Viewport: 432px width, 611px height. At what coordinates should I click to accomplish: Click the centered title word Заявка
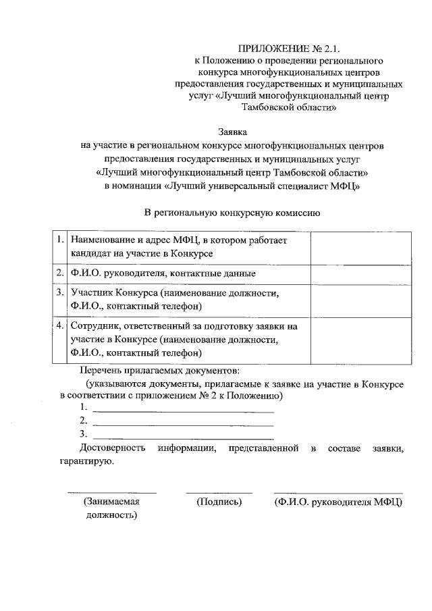[x=232, y=132]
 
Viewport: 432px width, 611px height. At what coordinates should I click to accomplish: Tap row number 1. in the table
[x=59, y=240]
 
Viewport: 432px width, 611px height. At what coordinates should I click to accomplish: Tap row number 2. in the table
[x=59, y=273]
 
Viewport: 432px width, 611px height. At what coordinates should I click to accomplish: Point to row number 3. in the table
[x=59, y=293]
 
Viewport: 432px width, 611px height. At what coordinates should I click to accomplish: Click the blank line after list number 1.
[x=182, y=409]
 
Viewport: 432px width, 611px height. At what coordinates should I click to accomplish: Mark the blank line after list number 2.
[x=182, y=423]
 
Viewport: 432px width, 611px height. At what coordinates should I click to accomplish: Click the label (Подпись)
[x=219, y=502]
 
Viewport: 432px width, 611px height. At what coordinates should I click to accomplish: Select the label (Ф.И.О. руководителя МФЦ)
[x=338, y=502]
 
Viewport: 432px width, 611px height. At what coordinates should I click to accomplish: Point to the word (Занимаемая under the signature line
[x=111, y=502]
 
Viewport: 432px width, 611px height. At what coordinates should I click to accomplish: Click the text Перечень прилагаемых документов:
[x=159, y=371]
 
